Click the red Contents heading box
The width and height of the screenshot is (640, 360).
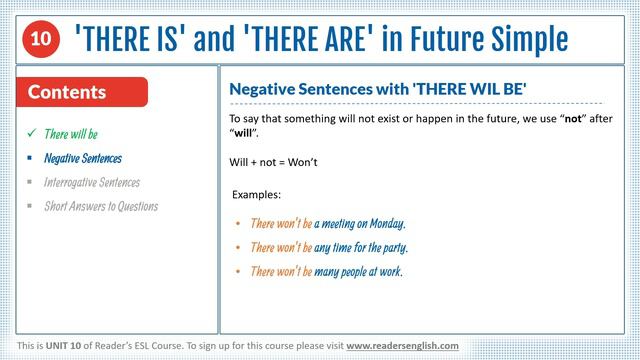[83, 92]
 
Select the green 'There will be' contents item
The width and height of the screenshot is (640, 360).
[71, 134]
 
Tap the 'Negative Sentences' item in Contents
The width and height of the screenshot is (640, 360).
[83, 158]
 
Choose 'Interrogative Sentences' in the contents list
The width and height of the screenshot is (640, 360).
[92, 182]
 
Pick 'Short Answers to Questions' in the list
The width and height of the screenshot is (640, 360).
[101, 206]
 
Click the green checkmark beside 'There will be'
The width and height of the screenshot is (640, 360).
[32, 133]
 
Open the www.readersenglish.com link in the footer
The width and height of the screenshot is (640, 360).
[402, 345]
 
